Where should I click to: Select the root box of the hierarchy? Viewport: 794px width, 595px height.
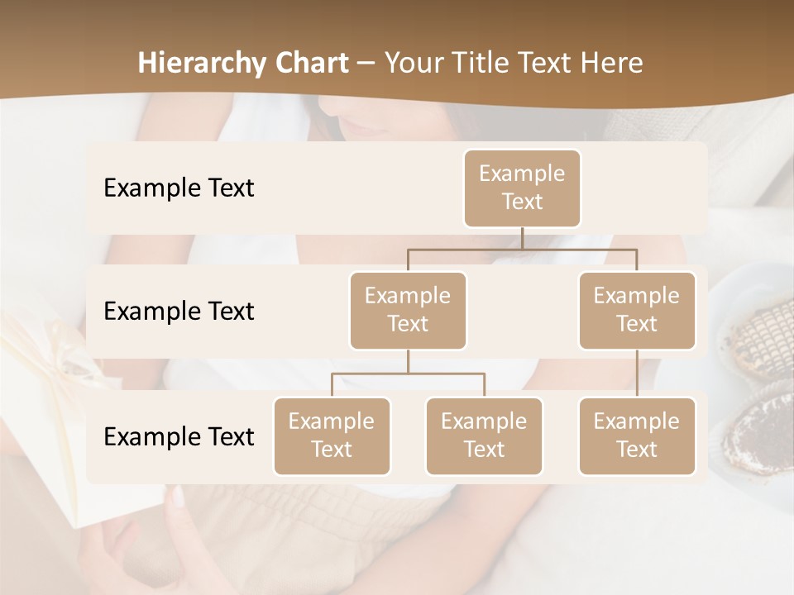pyautogui.click(x=522, y=188)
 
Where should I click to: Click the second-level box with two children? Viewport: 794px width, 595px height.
pyautogui.click(x=408, y=310)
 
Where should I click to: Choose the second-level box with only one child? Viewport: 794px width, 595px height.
pyautogui.click(x=637, y=310)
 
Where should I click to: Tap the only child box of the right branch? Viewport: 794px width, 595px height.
pyautogui.click(x=637, y=436)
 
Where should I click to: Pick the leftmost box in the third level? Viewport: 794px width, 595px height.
pyautogui.click(x=332, y=436)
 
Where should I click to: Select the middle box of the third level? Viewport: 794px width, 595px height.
pyautogui.click(x=484, y=436)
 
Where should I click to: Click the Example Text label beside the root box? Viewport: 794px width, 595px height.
pyautogui.click(x=179, y=188)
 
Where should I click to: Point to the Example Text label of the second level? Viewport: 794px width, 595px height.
pyautogui.click(x=179, y=312)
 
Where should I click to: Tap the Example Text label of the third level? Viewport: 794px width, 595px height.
pyautogui.click(x=179, y=436)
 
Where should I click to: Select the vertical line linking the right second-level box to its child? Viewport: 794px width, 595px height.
pyautogui.click(x=637, y=374)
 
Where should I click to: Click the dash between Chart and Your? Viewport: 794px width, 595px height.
pyautogui.click(x=366, y=63)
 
